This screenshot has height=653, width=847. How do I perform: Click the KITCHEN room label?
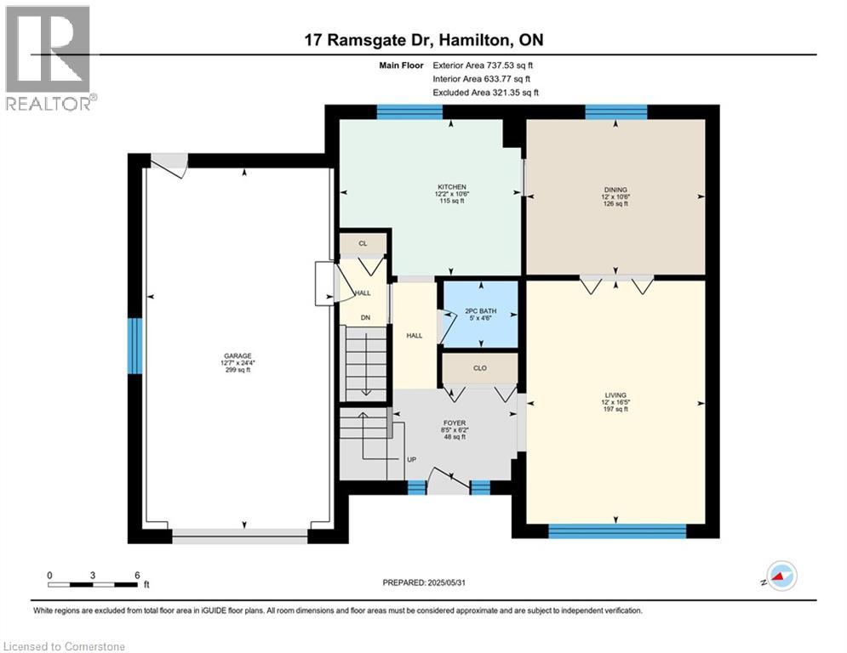point(451,187)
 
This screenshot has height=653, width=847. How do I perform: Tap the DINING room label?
point(615,190)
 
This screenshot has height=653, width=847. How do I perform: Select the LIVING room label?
point(615,395)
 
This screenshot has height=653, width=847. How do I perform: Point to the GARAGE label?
point(238,356)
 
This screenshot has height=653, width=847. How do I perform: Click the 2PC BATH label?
point(480,311)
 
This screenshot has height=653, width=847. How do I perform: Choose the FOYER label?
point(455,423)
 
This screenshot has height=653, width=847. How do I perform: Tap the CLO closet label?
point(479,368)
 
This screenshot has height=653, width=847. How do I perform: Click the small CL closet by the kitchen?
point(363,243)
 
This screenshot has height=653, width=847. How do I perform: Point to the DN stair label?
point(366,318)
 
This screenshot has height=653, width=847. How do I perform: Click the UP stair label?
point(412,460)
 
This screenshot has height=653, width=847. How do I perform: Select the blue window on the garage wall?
point(134,346)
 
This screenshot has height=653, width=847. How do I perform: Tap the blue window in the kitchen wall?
point(409,111)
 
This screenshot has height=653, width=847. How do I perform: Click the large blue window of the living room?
point(617,531)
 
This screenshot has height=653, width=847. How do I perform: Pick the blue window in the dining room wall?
point(616,111)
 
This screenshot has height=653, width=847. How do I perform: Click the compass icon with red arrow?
point(782,576)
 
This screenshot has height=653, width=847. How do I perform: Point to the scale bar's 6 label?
point(137,576)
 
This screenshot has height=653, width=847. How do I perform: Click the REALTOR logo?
point(49,58)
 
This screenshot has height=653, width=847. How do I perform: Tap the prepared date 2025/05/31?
point(446,582)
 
